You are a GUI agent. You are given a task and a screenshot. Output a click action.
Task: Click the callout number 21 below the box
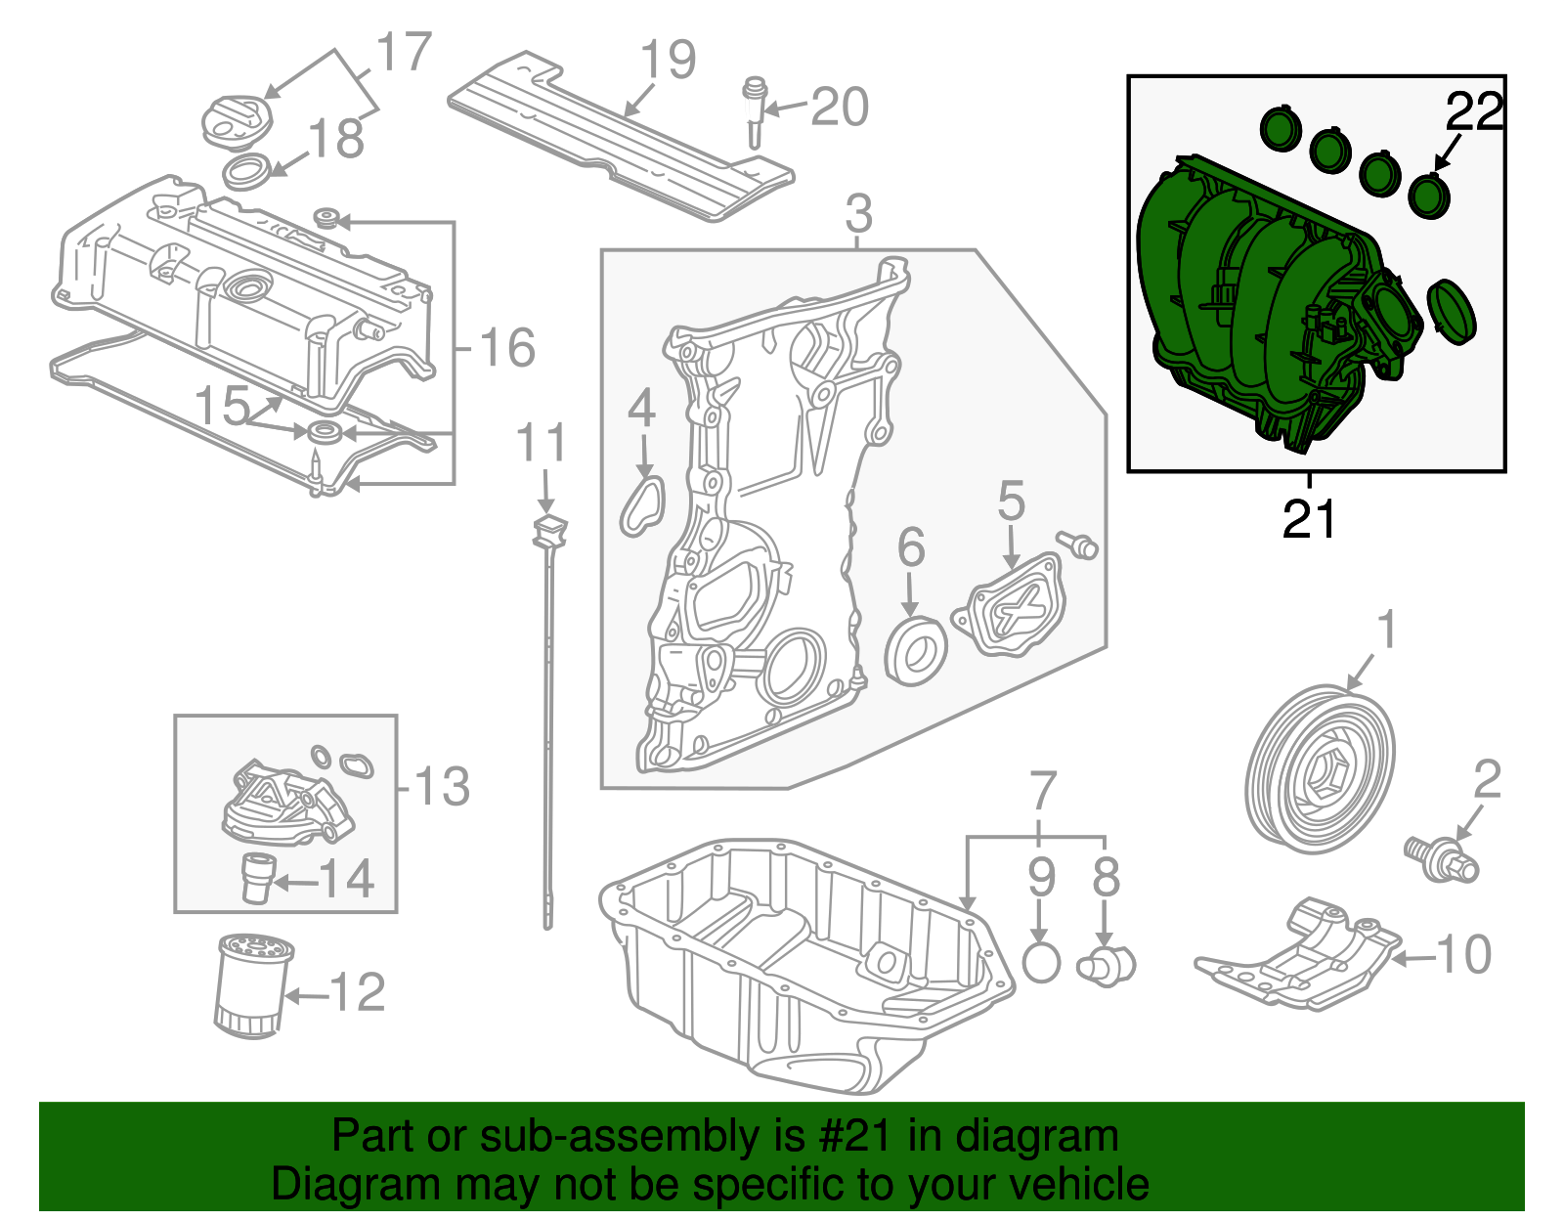click(x=1308, y=520)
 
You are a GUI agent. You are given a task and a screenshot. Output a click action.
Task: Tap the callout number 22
click(x=1474, y=112)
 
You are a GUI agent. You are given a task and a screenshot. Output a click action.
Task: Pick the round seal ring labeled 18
click(x=248, y=172)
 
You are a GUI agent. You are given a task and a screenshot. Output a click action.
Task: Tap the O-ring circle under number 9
click(x=1041, y=963)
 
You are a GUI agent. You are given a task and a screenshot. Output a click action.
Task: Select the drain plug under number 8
click(x=1105, y=964)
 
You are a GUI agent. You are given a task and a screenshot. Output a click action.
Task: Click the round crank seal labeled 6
click(x=916, y=648)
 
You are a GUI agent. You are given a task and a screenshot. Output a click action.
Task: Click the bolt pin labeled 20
click(x=755, y=109)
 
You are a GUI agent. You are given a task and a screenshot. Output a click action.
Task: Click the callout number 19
click(x=668, y=61)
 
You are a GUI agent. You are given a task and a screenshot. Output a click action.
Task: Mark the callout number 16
click(x=507, y=348)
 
